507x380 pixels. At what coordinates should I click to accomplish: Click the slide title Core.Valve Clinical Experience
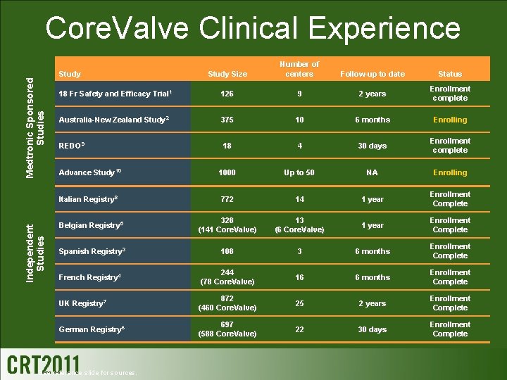point(253,28)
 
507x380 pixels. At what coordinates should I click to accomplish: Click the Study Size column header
point(227,74)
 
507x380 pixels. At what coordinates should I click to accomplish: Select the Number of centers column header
point(299,69)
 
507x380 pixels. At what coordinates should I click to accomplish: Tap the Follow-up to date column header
point(372,74)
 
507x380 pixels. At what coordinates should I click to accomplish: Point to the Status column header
point(450,74)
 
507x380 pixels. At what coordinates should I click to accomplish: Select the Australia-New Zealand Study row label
point(113,120)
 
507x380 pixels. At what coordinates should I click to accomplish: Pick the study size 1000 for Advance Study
point(227,172)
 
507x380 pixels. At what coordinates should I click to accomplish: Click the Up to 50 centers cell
point(299,172)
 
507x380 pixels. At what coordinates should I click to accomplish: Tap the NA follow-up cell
point(372,172)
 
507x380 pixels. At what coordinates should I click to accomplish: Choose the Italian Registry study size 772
point(227,199)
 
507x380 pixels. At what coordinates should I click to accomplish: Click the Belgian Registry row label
point(89,225)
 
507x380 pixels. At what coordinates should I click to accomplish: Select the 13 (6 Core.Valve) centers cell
point(299,225)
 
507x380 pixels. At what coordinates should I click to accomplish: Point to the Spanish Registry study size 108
point(227,251)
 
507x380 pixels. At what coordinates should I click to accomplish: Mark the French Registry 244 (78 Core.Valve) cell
point(227,277)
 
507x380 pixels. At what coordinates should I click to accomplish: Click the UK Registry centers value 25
point(299,303)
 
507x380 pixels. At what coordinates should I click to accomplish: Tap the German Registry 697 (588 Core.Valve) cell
point(227,329)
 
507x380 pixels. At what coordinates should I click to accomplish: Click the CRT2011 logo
point(43,363)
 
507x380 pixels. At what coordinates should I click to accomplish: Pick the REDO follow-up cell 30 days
point(372,146)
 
